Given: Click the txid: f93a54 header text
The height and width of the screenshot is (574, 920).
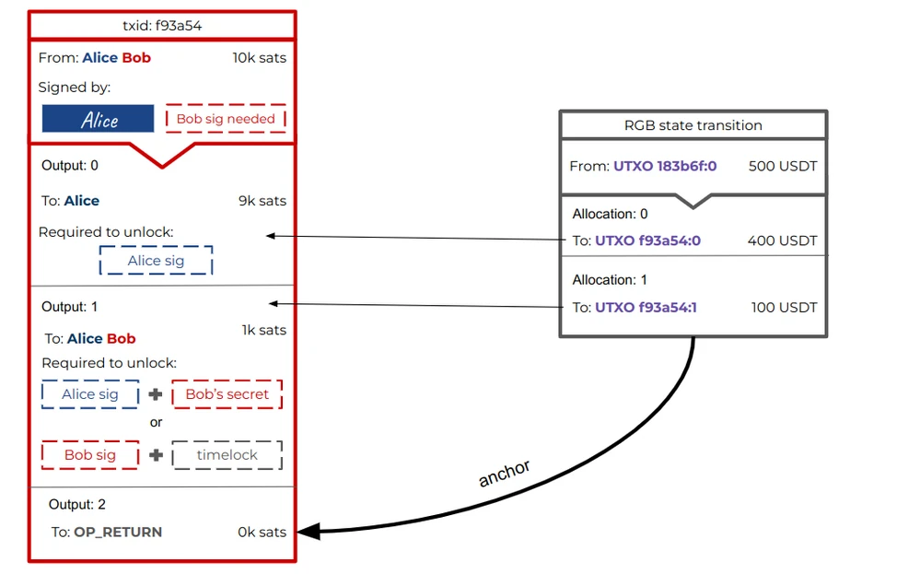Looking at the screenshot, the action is [162, 26].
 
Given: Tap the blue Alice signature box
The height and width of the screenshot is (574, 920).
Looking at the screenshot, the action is [98, 119].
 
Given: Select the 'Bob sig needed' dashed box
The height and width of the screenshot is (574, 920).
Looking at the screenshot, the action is [226, 119].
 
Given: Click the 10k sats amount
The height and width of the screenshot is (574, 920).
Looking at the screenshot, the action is [260, 57].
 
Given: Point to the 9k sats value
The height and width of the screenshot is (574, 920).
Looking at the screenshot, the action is [262, 201].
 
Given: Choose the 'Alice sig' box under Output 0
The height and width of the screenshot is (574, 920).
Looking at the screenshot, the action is [156, 261].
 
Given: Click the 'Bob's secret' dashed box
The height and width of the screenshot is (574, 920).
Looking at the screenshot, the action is [227, 393].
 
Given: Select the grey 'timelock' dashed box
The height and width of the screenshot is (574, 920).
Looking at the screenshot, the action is [227, 455].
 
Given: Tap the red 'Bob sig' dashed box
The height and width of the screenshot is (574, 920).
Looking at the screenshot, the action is [90, 455].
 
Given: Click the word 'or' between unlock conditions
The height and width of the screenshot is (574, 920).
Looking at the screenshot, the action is [156, 423].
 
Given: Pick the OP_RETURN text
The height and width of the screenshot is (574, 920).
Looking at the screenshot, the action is [118, 532].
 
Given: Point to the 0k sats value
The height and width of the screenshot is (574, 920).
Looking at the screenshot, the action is [262, 532].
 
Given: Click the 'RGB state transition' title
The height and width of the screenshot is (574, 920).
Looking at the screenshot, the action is [693, 125].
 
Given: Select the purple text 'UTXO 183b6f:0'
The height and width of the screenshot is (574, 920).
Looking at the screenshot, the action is [665, 166].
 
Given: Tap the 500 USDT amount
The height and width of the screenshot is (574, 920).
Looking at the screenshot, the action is [783, 166].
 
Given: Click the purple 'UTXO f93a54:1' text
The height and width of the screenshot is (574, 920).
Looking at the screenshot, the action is [646, 307].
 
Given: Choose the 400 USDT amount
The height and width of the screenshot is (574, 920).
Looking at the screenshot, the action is [782, 240].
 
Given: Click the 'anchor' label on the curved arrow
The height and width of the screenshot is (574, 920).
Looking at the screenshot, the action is [504, 473].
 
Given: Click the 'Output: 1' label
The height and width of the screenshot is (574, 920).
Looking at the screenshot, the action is [69, 307].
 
